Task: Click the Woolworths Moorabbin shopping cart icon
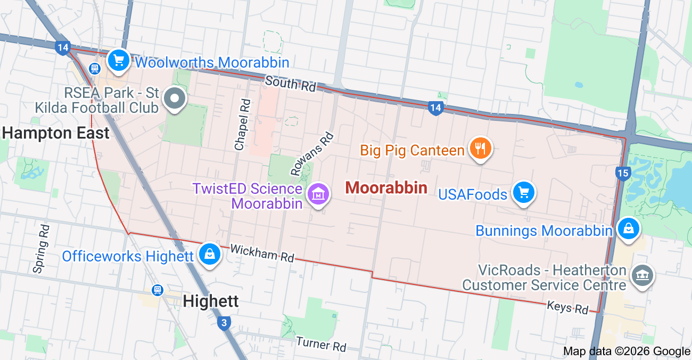pos(119,61)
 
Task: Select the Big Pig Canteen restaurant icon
pos(481,148)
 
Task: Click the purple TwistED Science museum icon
pos(318,194)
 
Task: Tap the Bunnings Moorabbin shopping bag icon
pos(628,228)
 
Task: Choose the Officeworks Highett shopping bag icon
pos(210,254)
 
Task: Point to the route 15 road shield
pos(622,173)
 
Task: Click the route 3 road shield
pos(224,322)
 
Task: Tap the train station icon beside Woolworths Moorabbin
pos(95,68)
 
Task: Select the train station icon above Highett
pos(157,290)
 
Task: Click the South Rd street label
pos(290,83)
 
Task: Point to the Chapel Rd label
pos(242,124)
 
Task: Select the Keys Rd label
pos(567,307)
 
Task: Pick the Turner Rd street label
pos(321,344)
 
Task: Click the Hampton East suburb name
pos(56,133)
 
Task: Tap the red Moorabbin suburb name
pos(386,187)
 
